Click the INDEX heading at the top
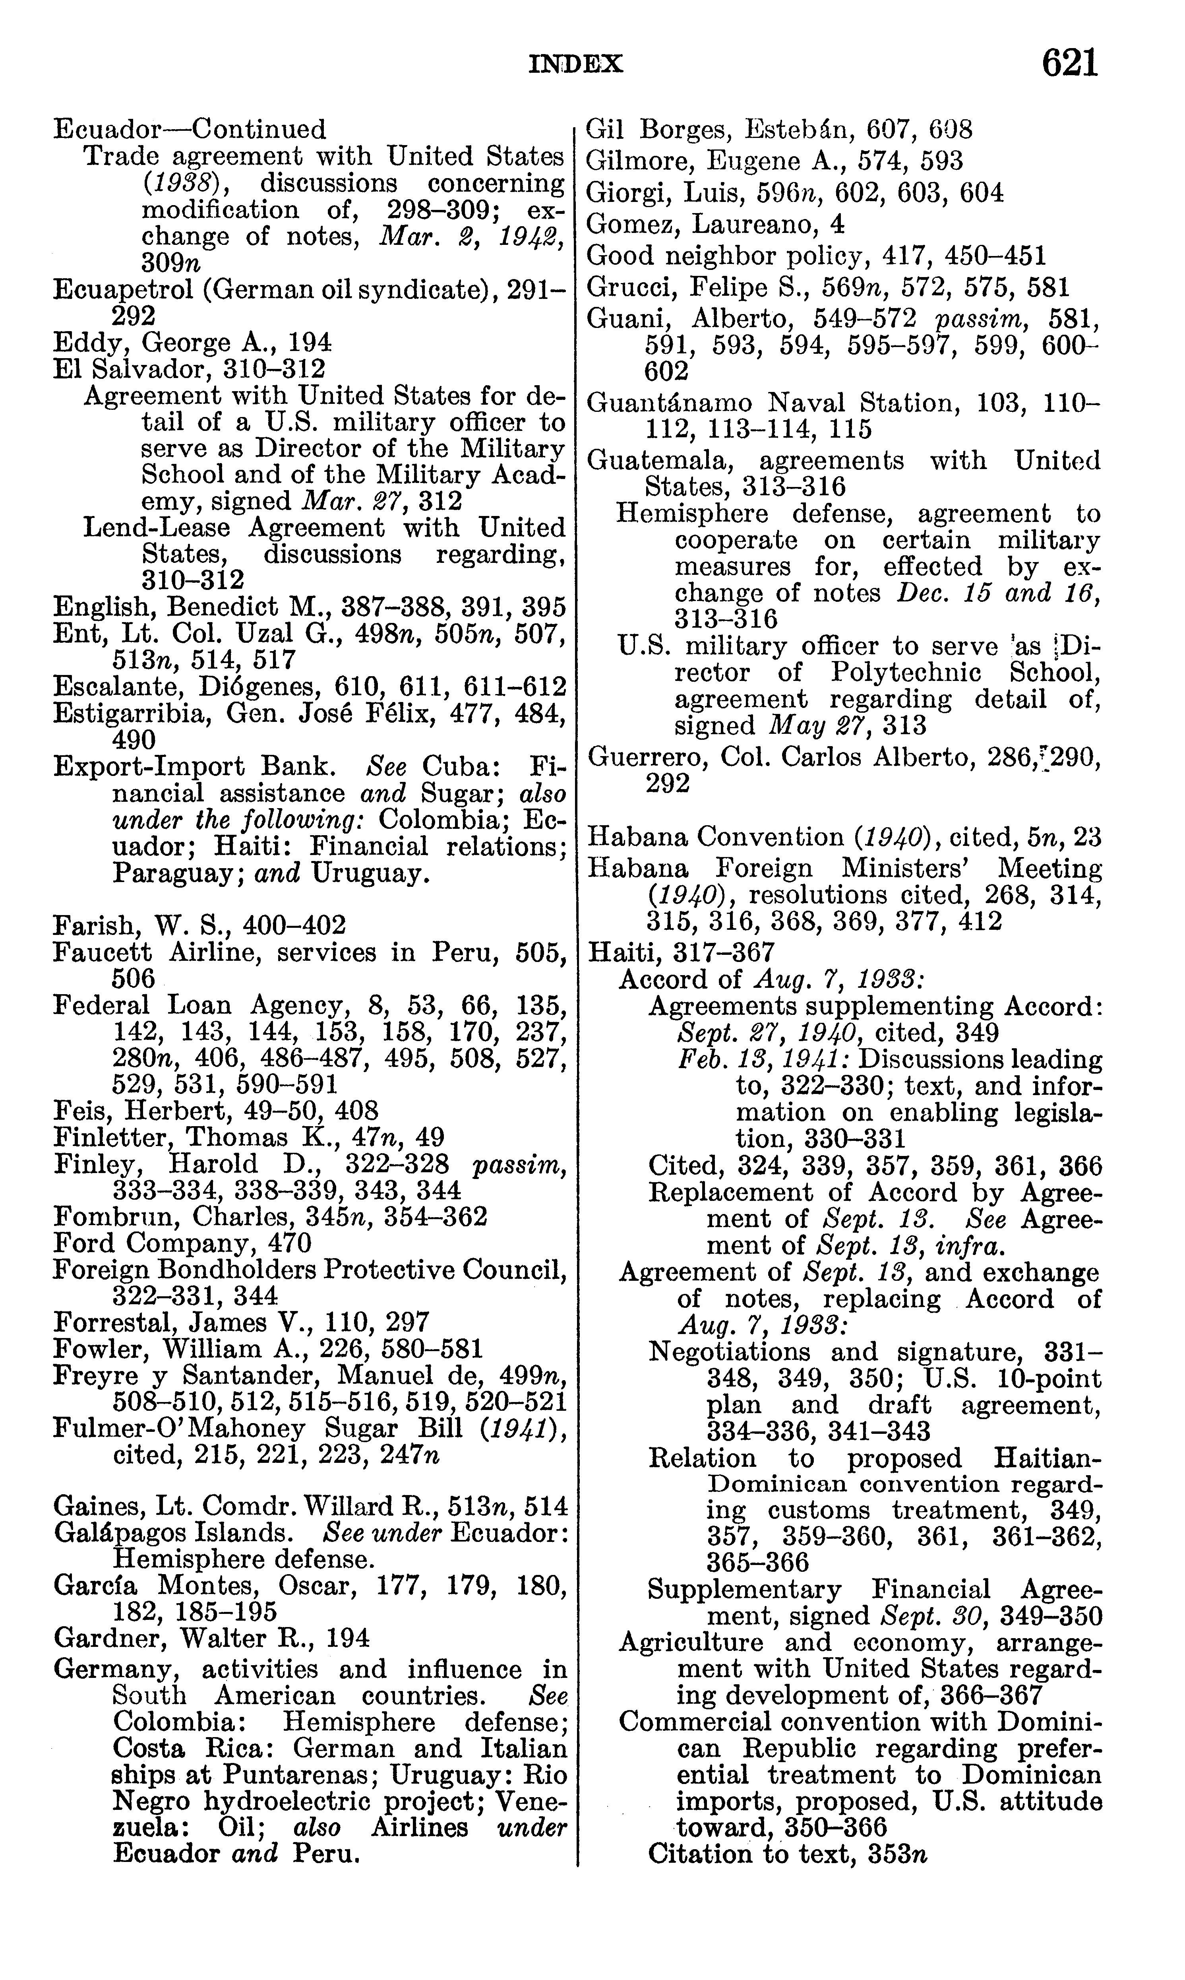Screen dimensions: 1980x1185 click(576, 64)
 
